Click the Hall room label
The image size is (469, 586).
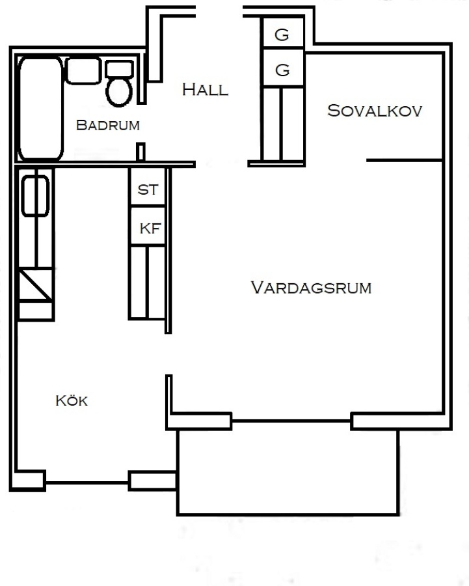coord(205,90)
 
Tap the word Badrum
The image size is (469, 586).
coord(107,125)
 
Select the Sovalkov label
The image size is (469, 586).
coord(375,111)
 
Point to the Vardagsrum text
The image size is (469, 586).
coord(311,288)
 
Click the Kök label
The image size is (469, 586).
coord(72,400)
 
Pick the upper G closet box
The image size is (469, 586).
coord(282,33)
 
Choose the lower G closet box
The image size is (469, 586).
coord(282,68)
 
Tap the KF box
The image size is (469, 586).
coord(148,226)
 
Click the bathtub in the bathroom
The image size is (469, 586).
coord(41,108)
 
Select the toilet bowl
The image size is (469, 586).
coord(119,92)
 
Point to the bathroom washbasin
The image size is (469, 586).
coord(83,70)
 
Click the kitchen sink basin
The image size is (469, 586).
coord(35,196)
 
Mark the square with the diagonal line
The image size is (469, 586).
coord(36,284)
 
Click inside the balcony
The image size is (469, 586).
coord(288,471)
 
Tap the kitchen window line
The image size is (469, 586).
coord(87,483)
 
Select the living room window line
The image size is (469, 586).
coord(291,421)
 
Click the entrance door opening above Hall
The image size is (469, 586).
coord(219,12)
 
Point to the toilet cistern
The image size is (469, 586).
coord(120,69)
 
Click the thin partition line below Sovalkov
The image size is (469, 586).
coord(405,160)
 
